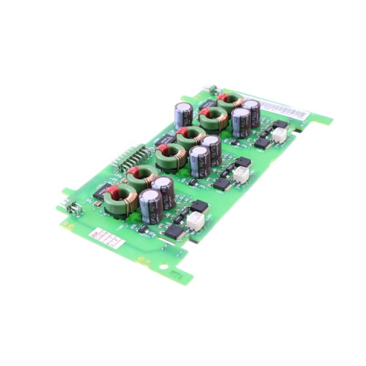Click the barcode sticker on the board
point(284,109)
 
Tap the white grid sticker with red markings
point(106,238)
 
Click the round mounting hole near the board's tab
point(163,266)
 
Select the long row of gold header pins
point(133,156)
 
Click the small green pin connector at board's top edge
point(213,90)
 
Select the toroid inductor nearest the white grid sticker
point(120,199)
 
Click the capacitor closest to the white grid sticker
point(151,206)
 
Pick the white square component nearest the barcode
point(279,134)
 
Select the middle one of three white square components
point(241,174)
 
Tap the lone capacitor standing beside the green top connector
point(183,115)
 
